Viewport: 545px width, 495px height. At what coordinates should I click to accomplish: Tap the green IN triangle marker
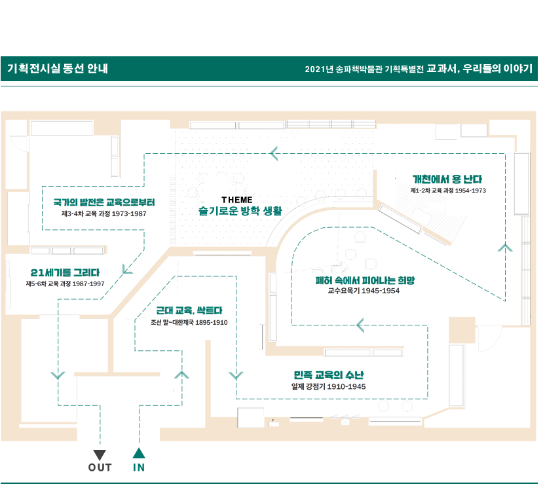point(139,453)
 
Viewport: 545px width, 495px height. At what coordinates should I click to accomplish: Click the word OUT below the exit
point(100,467)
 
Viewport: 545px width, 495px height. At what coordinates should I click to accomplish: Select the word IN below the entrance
point(139,467)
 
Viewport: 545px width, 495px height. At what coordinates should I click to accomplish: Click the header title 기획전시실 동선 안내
point(58,69)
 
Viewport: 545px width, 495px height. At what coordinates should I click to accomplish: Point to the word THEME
point(237,200)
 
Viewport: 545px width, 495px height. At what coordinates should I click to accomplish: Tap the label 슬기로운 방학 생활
point(240,211)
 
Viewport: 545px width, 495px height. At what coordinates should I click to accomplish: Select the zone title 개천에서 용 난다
point(447,179)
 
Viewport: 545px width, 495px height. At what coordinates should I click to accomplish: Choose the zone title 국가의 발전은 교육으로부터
point(104,202)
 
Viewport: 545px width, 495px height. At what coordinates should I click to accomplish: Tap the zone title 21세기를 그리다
point(65,272)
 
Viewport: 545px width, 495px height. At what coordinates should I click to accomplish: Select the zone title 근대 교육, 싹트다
point(189,310)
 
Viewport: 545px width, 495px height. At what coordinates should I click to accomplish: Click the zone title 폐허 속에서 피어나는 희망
point(365,280)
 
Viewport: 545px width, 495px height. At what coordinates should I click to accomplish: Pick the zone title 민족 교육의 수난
point(329,375)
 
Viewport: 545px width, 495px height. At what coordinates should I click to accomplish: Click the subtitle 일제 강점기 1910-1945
point(328,386)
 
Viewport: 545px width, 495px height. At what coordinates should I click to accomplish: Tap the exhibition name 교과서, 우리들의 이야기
point(479,69)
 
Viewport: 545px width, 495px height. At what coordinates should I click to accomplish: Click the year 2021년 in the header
point(319,69)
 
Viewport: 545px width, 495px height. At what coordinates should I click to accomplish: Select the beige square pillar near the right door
point(462,330)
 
